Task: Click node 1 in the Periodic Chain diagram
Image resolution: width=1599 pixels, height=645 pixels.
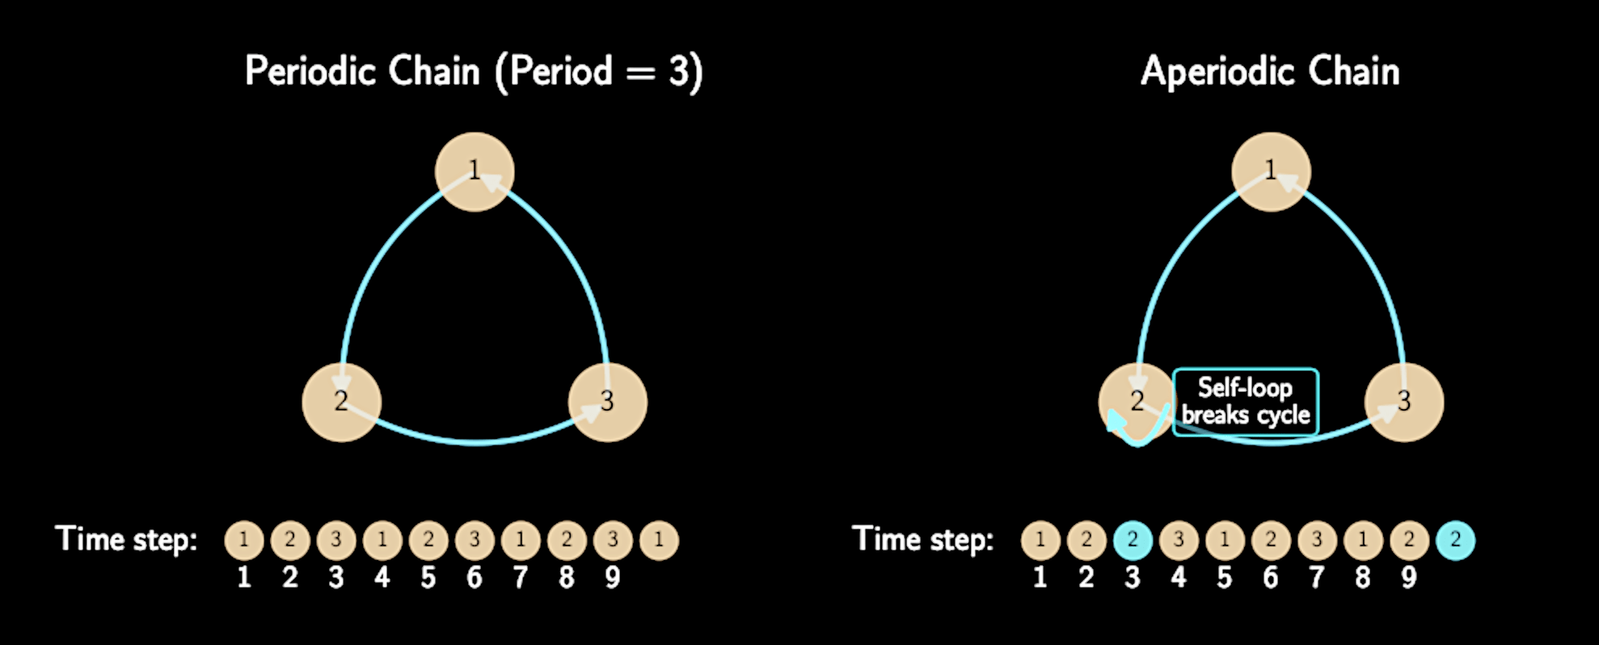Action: [475, 171]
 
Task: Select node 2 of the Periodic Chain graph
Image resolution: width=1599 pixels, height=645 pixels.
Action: [341, 402]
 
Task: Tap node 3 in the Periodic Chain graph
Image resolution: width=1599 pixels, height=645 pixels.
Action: [608, 402]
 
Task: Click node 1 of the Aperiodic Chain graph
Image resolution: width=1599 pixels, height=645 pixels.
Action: [1271, 171]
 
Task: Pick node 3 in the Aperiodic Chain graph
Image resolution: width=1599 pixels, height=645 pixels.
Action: [1404, 402]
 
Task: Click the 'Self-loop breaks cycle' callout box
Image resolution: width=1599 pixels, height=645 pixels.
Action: [1245, 402]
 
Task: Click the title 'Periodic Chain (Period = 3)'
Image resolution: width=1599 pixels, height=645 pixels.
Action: [474, 71]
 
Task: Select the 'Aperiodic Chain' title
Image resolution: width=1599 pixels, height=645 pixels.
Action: [1270, 71]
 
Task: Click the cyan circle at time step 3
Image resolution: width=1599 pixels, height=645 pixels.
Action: [1133, 540]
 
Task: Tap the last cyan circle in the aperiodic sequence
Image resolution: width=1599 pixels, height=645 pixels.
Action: [1455, 540]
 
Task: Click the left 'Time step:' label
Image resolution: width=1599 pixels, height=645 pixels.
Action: [126, 539]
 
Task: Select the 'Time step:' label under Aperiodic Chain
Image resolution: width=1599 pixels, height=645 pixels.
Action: [922, 539]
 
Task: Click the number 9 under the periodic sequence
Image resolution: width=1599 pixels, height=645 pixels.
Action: [613, 577]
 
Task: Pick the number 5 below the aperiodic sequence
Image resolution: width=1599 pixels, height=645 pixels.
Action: [1225, 577]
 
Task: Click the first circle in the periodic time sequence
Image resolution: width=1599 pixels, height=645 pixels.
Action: [244, 540]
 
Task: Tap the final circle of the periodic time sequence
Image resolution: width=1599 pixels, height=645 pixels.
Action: [659, 540]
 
